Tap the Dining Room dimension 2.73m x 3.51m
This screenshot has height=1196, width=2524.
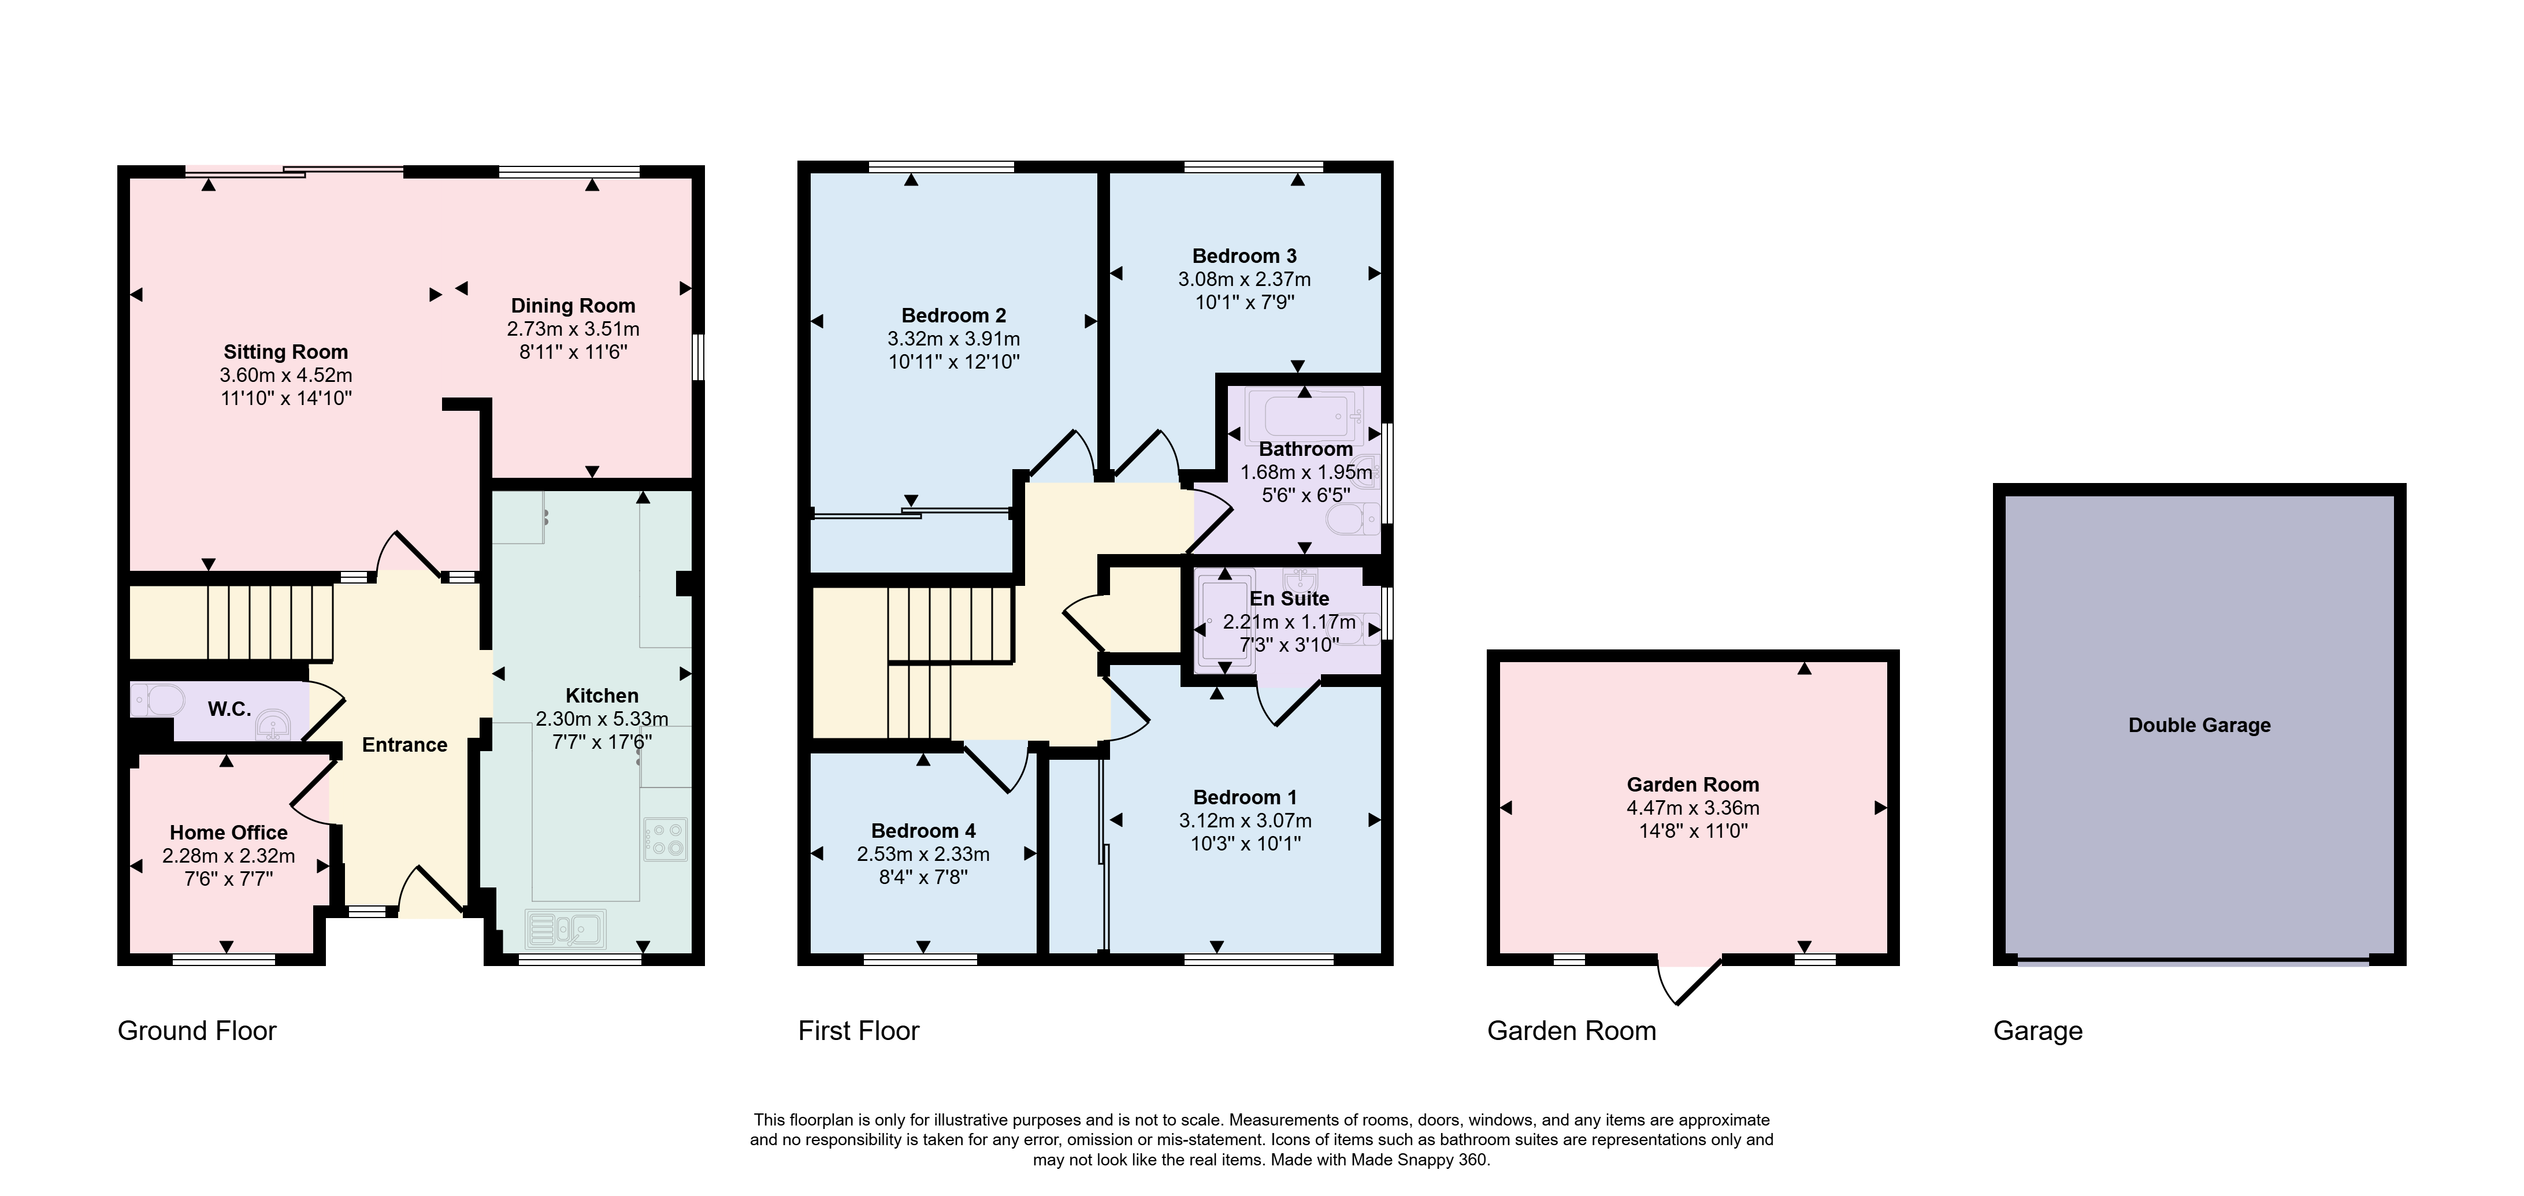tap(573, 329)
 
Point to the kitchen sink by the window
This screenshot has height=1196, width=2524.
tap(566, 928)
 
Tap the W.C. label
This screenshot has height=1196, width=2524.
tap(229, 709)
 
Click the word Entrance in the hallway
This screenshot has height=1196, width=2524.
tap(404, 744)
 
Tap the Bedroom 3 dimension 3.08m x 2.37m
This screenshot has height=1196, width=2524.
tap(1244, 279)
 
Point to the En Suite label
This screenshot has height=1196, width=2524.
tap(1289, 599)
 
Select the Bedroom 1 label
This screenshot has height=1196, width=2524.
tap(1244, 797)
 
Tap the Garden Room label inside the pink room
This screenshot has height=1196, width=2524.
tap(1693, 785)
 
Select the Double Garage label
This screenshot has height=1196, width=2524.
tap(2200, 725)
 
